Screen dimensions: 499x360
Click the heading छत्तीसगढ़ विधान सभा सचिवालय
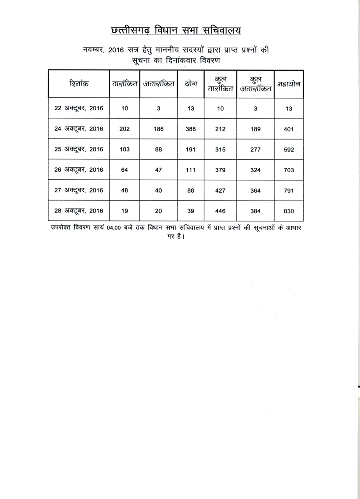[x=176, y=31]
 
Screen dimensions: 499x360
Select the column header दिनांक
[x=79, y=84]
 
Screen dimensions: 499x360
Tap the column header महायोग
[x=289, y=84]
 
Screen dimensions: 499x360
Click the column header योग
[x=191, y=84]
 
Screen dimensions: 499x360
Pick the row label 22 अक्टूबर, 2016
[x=79, y=109]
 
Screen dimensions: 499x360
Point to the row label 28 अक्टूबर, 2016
[x=79, y=211]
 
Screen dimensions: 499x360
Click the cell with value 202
[x=125, y=129]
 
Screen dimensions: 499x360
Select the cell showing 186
[x=159, y=129]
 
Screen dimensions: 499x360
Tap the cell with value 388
[x=191, y=129]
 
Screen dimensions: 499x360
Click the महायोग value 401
[x=289, y=129]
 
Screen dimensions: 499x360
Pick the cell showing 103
[x=125, y=150]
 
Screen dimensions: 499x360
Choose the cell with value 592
[x=289, y=150]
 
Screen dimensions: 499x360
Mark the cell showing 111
[x=191, y=170]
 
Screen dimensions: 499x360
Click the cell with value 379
[x=220, y=170]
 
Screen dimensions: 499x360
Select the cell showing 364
[x=255, y=190]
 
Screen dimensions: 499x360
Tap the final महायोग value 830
[x=289, y=211]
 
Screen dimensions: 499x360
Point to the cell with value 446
[x=220, y=211]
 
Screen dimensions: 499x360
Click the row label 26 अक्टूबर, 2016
[x=79, y=170]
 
